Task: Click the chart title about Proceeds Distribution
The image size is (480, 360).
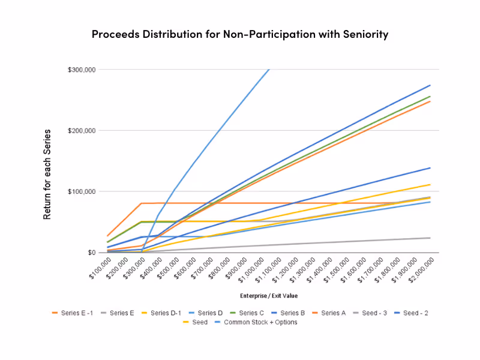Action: pos(240,34)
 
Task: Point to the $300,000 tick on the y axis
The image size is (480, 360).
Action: pos(82,70)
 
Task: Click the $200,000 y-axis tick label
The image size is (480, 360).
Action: pos(82,131)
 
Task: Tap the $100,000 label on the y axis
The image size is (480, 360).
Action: pos(82,192)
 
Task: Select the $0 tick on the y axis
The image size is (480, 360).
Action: pos(91,253)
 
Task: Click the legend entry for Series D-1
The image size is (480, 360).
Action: pos(160,313)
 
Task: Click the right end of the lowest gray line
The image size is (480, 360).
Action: pos(430,238)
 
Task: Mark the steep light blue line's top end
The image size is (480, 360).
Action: pos(269,70)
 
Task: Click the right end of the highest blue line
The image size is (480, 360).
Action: pos(430,85)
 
